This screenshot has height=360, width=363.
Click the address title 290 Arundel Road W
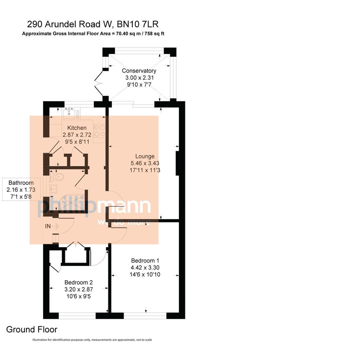[92, 24]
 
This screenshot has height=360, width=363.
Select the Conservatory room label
[139, 71]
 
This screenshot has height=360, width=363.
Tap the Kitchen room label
[77, 128]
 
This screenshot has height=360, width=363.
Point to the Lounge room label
[145, 156]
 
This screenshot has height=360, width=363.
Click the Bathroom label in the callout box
[21, 183]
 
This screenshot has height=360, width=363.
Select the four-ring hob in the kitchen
[99, 131]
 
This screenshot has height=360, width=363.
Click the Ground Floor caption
[32, 330]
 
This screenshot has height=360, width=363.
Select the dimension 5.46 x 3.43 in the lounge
[145, 163]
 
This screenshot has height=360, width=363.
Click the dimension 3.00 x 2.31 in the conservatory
[139, 78]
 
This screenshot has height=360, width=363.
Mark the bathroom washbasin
[53, 189]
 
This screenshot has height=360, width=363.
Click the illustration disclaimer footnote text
[92, 340]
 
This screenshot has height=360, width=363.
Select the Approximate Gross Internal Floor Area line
[93, 34]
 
